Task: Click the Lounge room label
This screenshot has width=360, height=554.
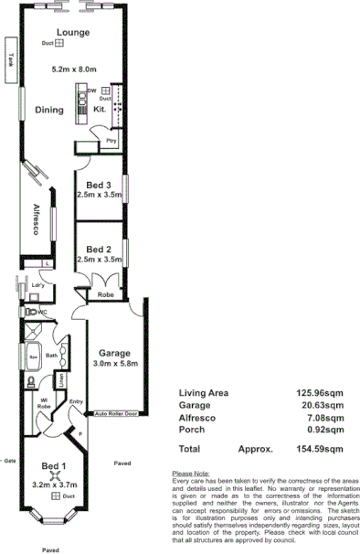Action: coord(73,32)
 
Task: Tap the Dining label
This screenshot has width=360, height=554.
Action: coord(48,110)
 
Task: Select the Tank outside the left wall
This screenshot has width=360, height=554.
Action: coord(10,57)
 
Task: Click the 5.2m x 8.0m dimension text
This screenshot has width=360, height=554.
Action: coord(73,69)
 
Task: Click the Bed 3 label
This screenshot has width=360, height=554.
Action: coord(99,186)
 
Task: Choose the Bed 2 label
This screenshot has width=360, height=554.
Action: coord(99,249)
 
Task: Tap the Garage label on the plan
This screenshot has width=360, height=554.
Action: coord(114,353)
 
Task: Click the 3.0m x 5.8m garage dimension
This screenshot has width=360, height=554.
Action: coord(114,364)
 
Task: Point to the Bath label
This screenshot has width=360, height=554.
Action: coord(52,356)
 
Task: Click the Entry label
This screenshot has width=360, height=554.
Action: coord(76,400)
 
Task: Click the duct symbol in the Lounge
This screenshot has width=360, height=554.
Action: coord(59,43)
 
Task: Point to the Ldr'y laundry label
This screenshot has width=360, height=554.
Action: coord(38,286)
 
